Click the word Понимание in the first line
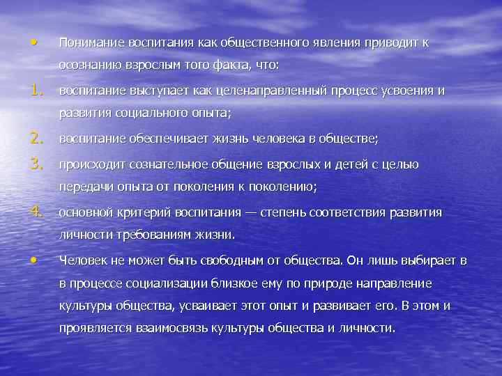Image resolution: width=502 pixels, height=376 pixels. point(89,42)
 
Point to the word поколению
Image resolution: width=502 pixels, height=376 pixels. point(282,186)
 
